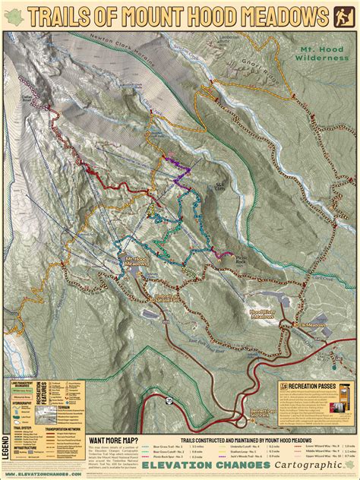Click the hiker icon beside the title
point(343,14)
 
